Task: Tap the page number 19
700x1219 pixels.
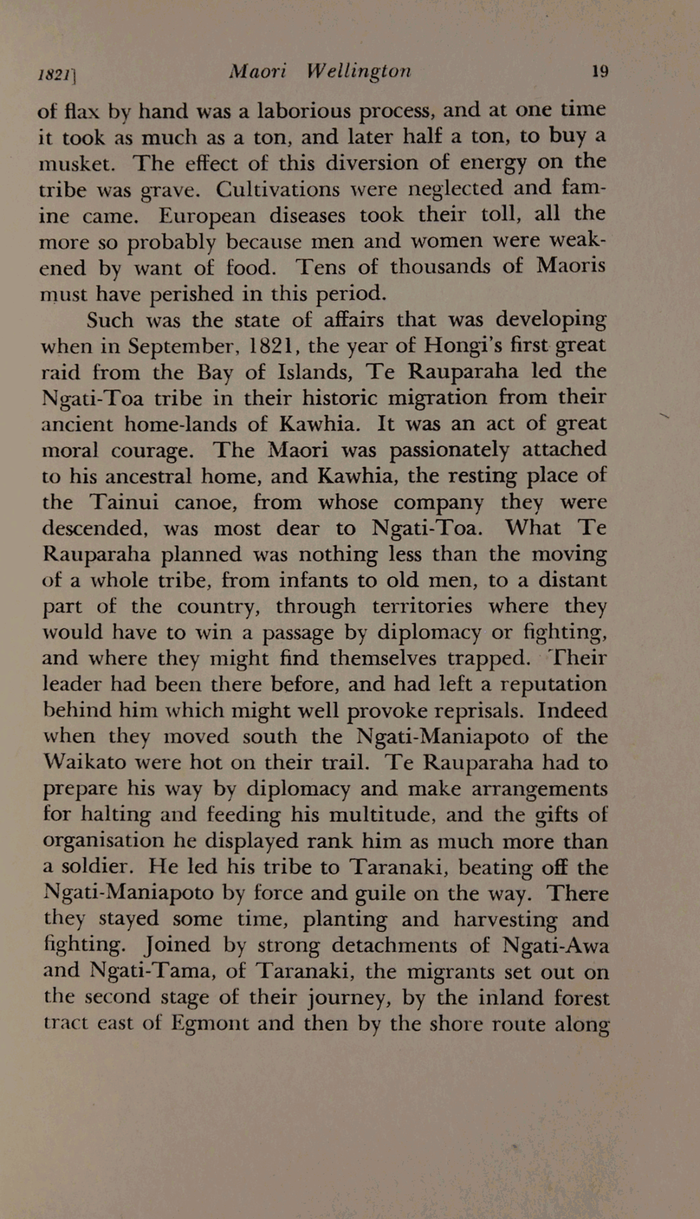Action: (x=600, y=71)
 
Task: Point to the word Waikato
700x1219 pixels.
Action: (x=83, y=762)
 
